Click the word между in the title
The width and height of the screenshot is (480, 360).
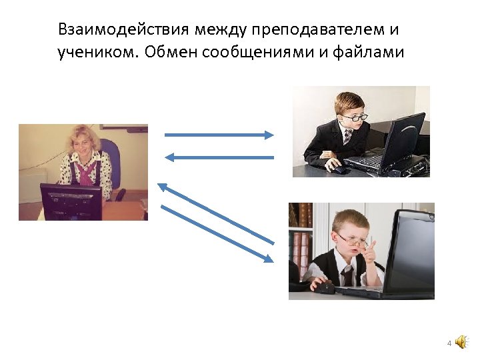point(220,30)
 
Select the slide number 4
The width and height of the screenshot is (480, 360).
point(449,343)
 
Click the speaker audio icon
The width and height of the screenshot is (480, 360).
point(461,343)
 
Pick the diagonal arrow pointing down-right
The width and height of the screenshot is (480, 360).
point(217,233)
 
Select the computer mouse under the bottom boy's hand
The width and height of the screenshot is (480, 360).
point(324,287)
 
